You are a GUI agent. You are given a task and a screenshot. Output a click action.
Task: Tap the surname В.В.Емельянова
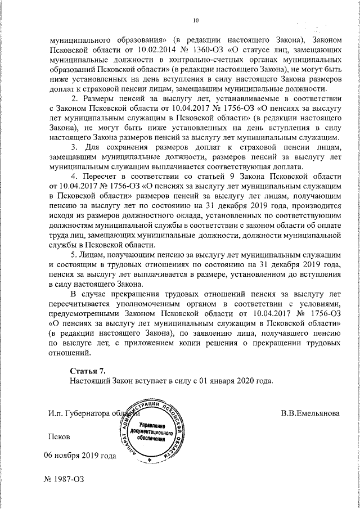coord(310,413)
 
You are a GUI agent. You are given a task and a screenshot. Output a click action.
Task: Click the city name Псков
coord(60,436)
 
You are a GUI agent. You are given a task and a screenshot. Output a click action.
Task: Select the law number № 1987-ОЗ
coord(63,482)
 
